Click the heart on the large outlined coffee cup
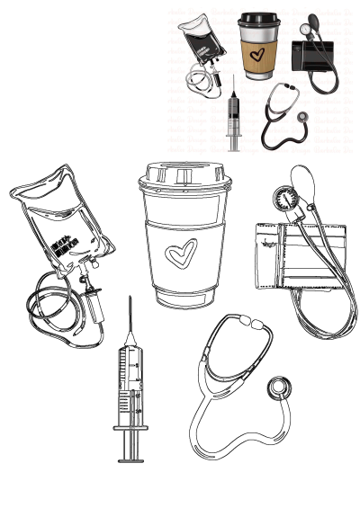[181, 255]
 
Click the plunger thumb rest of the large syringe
[130, 459]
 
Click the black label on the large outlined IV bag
[61, 244]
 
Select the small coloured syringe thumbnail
[234, 117]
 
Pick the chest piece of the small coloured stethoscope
[301, 115]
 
